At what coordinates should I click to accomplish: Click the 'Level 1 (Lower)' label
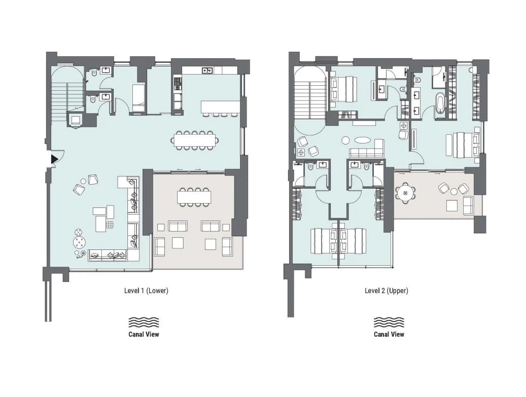(x=146, y=291)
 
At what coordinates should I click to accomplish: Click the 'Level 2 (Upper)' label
(x=387, y=291)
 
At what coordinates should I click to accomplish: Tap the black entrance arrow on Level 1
(x=54, y=159)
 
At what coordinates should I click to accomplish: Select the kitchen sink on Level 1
(x=207, y=70)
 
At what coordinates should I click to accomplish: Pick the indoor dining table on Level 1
(x=195, y=139)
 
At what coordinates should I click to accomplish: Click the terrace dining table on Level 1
(x=194, y=197)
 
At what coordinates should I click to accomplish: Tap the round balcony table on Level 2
(x=405, y=194)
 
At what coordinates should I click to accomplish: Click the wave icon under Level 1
(x=144, y=322)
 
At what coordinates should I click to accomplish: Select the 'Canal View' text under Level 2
(x=389, y=334)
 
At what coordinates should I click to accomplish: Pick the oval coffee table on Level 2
(x=362, y=139)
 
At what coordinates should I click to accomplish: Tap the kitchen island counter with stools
(x=221, y=107)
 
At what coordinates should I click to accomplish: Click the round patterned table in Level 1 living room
(x=80, y=242)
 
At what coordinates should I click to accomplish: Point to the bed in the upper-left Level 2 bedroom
(x=343, y=89)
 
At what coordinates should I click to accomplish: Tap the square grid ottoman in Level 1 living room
(x=110, y=225)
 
